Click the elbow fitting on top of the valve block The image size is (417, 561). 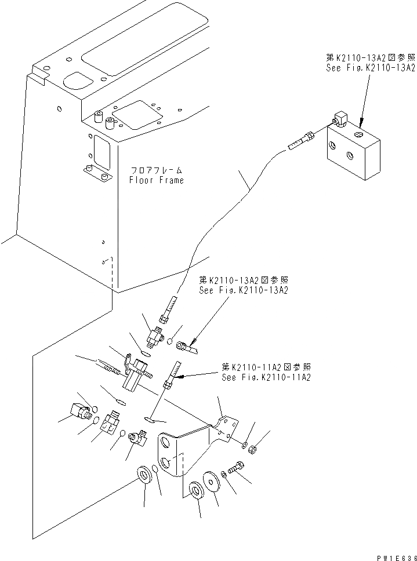(338, 120)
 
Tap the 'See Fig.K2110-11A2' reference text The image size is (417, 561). (266, 377)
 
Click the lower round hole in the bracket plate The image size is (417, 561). (167, 464)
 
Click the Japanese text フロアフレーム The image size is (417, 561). (157, 170)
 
